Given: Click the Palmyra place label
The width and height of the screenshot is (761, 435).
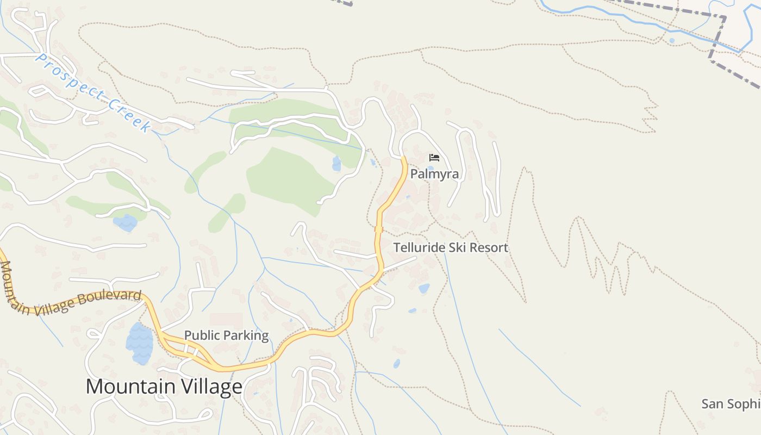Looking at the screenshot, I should click(434, 174).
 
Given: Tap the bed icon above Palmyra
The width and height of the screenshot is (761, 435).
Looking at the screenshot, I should click(434, 158).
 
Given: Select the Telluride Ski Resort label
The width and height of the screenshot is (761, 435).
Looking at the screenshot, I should click(451, 248).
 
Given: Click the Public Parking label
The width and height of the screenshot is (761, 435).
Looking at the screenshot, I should click(226, 335).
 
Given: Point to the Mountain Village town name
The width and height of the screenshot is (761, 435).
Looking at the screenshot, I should click(164, 387).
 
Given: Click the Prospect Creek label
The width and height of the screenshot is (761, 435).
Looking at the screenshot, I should click(92, 92).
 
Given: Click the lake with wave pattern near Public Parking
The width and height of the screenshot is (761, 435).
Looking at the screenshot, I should click(140, 344).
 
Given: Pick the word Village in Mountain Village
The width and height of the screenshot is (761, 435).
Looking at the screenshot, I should click(205, 387).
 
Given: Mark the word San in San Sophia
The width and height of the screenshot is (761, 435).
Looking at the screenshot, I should click(712, 404).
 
